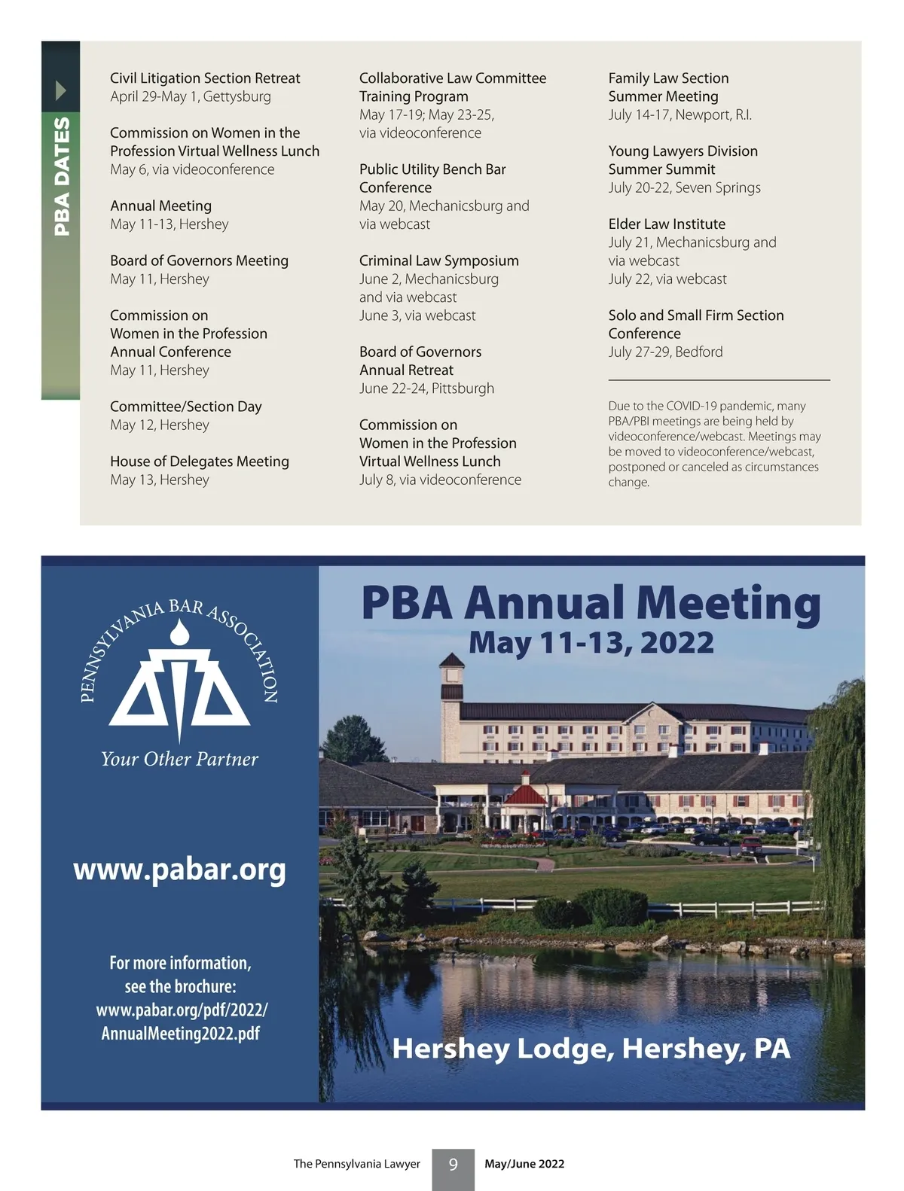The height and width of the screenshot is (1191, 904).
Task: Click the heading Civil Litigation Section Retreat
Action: point(205,78)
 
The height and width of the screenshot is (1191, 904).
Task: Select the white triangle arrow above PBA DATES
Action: point(61,91)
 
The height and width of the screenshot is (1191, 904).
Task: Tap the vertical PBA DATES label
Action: point(62,175)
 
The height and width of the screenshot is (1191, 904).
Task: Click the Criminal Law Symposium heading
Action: point(438,260)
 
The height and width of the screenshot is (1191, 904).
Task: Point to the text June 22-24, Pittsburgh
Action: point(426,388)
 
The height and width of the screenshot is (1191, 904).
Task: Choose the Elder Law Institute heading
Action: point(667,224)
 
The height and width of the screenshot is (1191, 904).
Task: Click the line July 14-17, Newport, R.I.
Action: point(680,115)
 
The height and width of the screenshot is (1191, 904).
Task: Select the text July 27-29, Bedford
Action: point(665,352)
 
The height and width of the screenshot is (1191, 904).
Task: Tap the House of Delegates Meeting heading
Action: point(200,461)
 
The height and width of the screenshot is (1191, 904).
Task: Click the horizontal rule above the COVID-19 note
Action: point(719,380)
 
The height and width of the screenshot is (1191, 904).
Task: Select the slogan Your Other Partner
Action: point(179,759)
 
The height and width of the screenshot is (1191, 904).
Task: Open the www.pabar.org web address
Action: point(179,870)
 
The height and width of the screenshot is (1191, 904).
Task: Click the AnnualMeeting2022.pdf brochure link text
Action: point(181,1033)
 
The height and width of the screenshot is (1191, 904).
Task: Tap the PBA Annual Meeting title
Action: point(591,603)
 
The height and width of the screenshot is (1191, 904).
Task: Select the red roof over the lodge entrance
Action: point(524,795)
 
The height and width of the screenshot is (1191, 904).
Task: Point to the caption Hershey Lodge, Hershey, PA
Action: point(591,1049)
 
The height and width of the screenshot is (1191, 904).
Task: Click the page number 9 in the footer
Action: point(453,1165)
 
